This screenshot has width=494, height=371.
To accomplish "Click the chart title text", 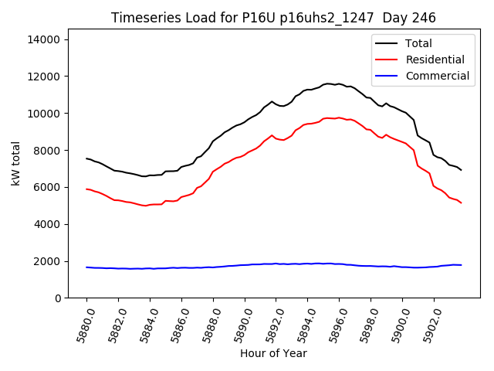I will pos(273,18).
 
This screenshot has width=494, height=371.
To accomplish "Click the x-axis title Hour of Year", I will pos(273,353).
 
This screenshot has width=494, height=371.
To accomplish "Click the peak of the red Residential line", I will pos(338,117).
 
